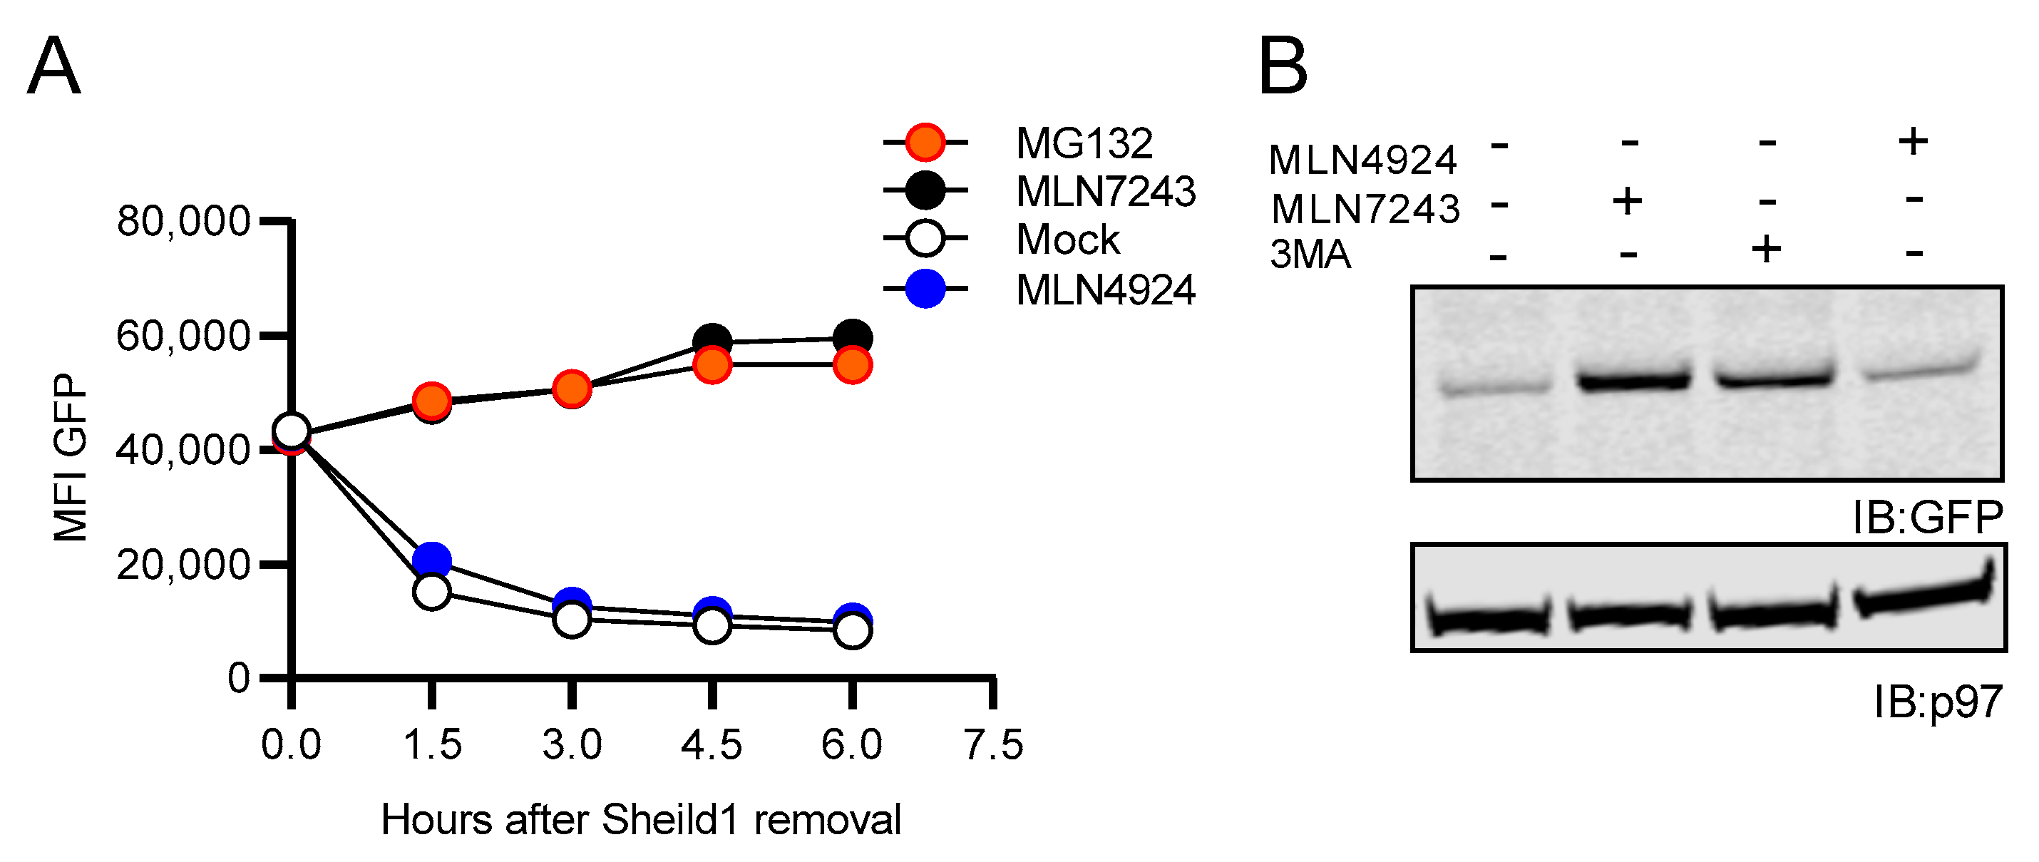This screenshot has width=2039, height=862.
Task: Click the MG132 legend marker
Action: tap(925, 143)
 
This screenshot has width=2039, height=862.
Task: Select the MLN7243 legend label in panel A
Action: tap(1105, 192)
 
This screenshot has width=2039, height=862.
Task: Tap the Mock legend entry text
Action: tap(1067, 239)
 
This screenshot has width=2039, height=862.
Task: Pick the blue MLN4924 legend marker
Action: tap(925, 289)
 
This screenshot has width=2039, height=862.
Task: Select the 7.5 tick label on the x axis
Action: tap(992, 745)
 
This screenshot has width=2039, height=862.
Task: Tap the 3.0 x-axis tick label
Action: tap(572, 745)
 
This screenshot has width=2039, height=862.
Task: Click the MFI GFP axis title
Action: tap(71, 458)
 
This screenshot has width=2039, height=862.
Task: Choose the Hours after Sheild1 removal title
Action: tap(640, 820)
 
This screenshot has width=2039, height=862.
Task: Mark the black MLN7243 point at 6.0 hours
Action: tap(853, 338)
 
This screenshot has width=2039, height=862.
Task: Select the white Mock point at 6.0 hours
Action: tap(853, 631)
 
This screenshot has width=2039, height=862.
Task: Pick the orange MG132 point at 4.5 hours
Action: tap(712, 365)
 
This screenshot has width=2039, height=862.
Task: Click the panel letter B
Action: tap(1283, 66)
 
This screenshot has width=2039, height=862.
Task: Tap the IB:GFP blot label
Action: tap(1926, 518)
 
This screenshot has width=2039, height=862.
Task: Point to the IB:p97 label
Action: tap(1937, 702)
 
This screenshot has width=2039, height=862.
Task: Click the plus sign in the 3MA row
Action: tap(1766, 250)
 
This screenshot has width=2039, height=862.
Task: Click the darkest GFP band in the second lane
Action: tap(1633, 381)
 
